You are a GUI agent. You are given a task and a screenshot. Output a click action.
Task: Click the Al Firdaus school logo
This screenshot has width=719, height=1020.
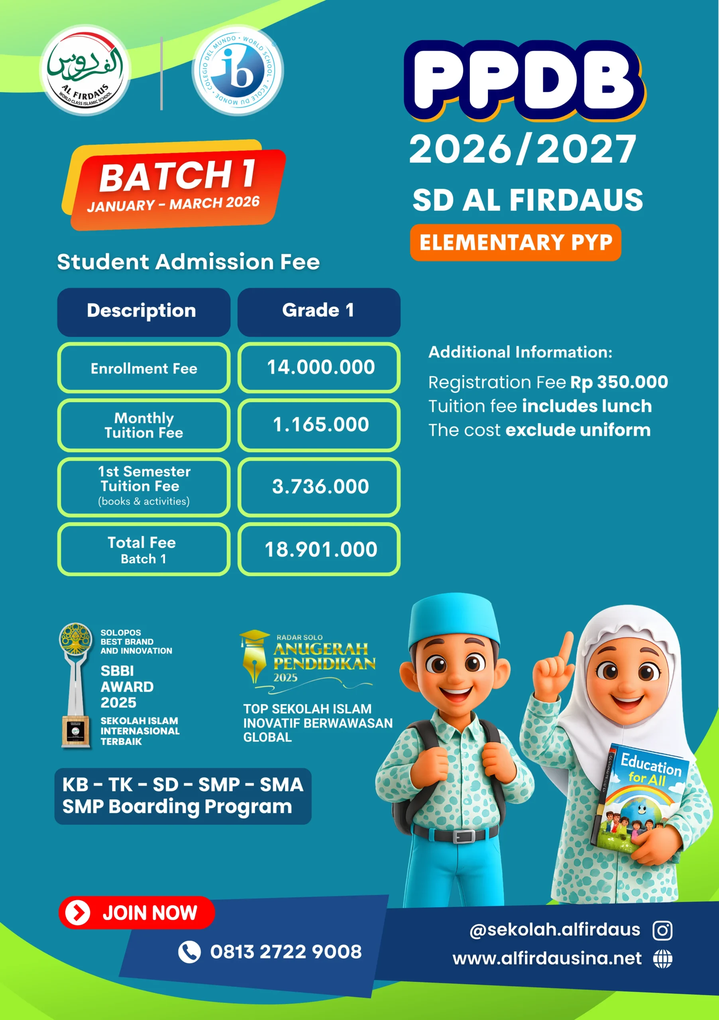pyautogui.click(x=85, y=70)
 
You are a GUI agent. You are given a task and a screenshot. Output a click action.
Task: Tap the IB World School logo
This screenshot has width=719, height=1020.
pyautogui.click(x=238, y=70)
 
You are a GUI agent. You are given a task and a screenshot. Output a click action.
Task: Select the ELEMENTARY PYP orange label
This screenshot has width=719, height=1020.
pyautogui.click(x=515, y=243)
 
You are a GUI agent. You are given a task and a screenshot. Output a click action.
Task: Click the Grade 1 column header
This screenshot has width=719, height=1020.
pyautogui.click(x=318, y=311)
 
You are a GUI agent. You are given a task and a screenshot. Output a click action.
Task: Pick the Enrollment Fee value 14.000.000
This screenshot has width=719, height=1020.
pyautogui.click(x=320, y=367)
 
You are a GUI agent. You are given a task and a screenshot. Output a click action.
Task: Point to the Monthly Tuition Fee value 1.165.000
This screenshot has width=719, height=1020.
pyautogui.click(x=320, y=425)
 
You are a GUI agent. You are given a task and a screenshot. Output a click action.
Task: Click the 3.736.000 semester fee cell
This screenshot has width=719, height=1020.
pyautogui.click(x=320, y=486)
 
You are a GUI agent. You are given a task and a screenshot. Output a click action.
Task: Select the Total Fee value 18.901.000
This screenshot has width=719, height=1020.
pyautogui.click(x=320, y=549)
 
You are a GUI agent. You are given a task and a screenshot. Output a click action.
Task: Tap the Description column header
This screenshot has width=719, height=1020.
pyautogui.click(x=143, y=311)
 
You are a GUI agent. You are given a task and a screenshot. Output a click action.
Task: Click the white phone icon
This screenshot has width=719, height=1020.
pyautogui.click(x=189, y=952)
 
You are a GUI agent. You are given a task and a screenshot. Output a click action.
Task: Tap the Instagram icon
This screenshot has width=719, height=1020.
pyautogui.click(x=662, y=930)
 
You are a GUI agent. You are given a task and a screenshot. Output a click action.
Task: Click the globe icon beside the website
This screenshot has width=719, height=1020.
pyautogui.click(x=662, y=959)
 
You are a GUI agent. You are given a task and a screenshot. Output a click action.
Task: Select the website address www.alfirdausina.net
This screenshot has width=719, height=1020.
pyautogui.click(x=546, y=959)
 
